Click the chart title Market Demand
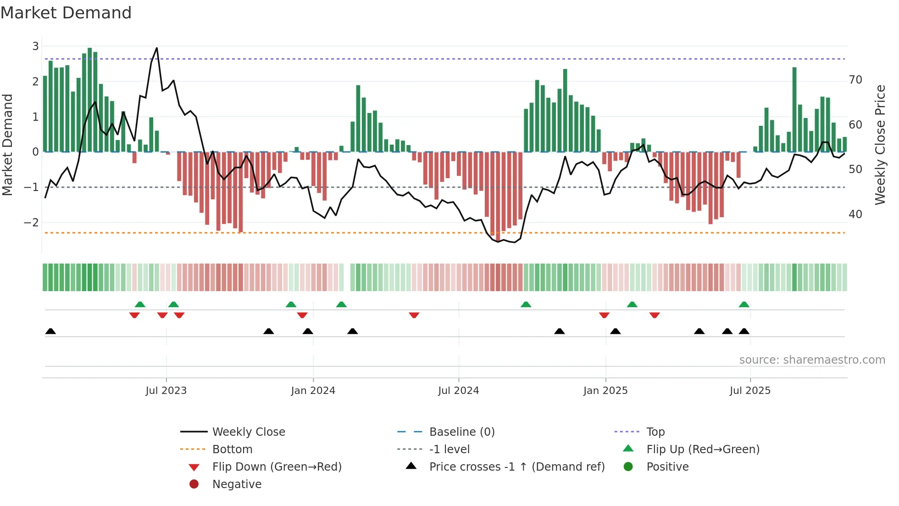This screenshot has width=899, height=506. [66, 13]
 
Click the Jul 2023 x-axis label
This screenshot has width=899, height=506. [166, 391]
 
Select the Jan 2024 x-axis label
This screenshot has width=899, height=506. [313, 391]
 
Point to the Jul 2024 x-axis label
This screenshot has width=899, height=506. [458, 391]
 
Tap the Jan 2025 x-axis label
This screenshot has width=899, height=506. [605, 391]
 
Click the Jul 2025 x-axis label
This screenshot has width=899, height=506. [750, 391]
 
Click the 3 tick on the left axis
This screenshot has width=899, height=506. [35, 46]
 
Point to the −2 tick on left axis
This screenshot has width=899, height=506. [31, 223]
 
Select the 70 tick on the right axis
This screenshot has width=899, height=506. [855, 80]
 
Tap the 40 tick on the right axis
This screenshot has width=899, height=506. [855, 214]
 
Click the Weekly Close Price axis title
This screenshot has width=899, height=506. [880, 145]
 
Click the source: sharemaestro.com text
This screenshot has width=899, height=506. [812, 360]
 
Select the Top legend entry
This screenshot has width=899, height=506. [655, 432]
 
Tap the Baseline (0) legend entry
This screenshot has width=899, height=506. [462, 432]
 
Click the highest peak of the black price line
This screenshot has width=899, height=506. [157, 48]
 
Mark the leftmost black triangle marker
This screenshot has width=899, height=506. [50, 332]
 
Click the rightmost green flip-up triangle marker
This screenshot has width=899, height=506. [744, 304]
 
